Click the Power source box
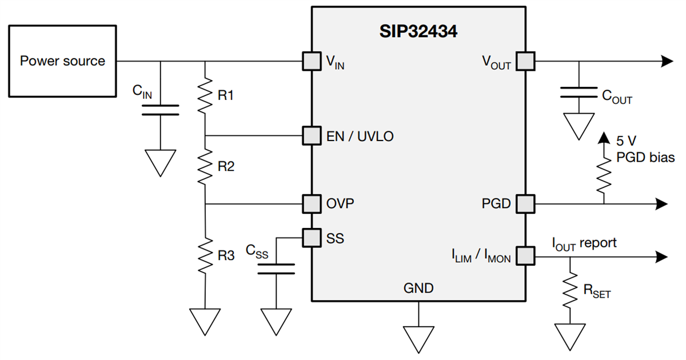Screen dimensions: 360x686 (63, 61)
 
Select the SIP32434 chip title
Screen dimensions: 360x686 (418, 31)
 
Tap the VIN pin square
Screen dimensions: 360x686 (312, 61)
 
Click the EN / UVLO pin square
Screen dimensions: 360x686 (312, 136)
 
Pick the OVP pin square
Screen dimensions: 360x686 (312, 203)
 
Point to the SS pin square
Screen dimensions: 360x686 (312, 237)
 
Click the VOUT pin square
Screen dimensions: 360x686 (525, 61)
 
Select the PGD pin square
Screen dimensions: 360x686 (525, 203)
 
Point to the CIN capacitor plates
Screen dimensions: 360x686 (160, 110)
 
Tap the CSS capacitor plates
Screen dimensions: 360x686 (276, 269)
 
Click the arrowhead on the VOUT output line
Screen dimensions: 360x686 (665, 61)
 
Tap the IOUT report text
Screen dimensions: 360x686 (584, 243)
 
